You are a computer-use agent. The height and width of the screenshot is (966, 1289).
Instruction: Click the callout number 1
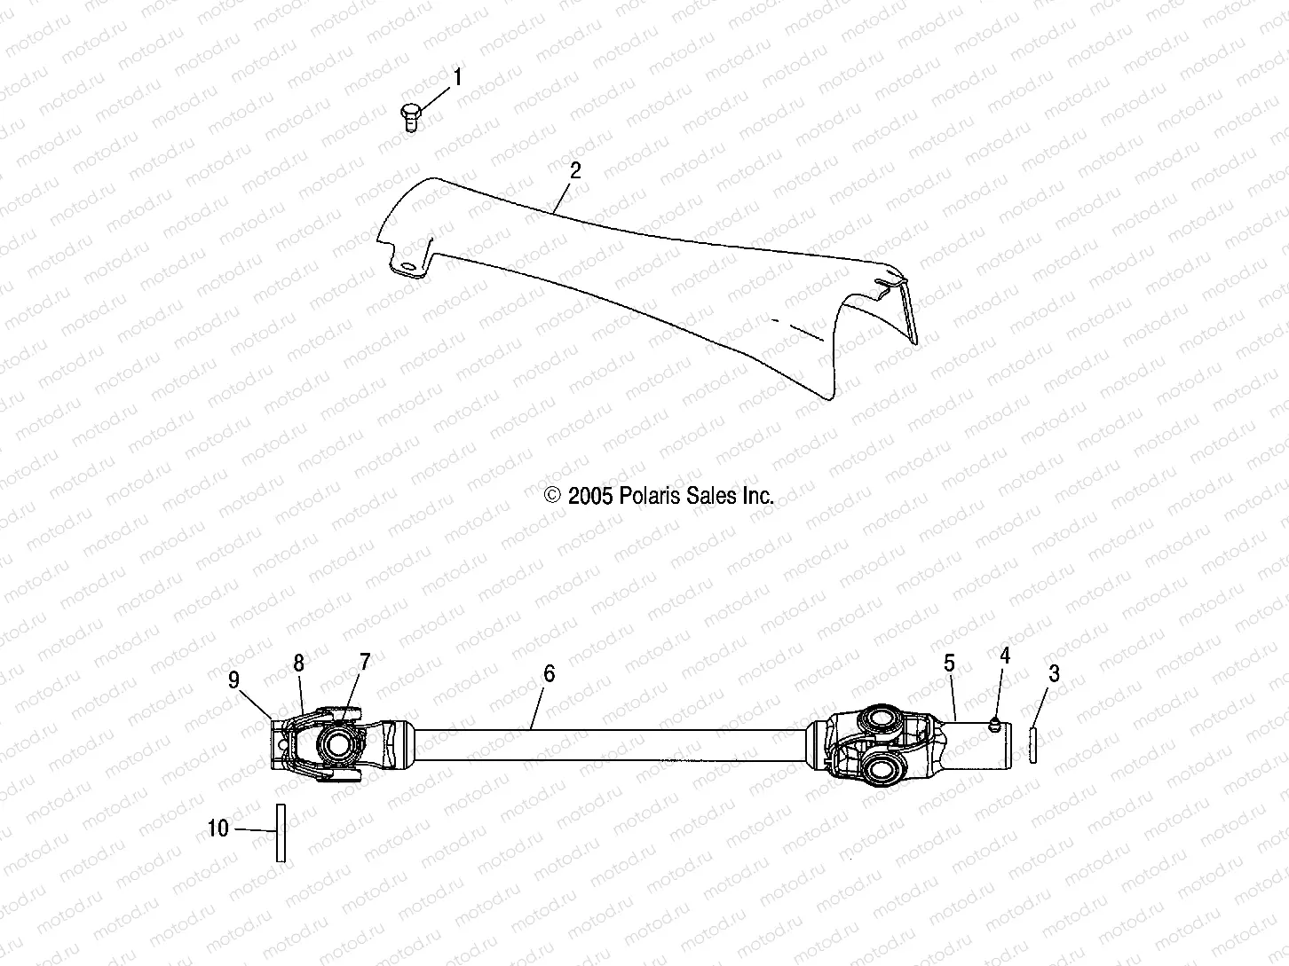click(458, 79)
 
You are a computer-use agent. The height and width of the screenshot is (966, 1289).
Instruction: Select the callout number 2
click(575, 171)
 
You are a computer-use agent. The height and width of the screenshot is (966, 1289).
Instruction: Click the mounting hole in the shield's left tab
click(407, 267)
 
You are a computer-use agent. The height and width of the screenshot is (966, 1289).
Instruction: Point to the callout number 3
click(1054, 673)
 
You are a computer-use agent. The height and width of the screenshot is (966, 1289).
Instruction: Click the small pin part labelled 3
click(1034, 744)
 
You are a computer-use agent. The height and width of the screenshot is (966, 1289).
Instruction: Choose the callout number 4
click(1005, 656)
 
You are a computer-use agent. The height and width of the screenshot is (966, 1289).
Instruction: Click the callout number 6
click(549, 674)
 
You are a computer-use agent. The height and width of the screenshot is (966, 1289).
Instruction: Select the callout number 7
click(364, 661)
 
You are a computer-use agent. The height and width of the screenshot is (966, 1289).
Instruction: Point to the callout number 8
click(299, 663)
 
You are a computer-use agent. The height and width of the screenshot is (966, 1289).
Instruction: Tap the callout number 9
click(233, 679)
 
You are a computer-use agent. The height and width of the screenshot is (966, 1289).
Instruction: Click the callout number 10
click(218, 829)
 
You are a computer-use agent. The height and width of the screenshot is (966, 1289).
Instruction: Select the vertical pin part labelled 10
click(281, 832)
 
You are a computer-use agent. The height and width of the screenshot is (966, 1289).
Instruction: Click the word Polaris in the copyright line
click(647, 496)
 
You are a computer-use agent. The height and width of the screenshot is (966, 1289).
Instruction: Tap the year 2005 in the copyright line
click(590, 496)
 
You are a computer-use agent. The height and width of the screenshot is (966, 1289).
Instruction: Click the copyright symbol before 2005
click(553, 496)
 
